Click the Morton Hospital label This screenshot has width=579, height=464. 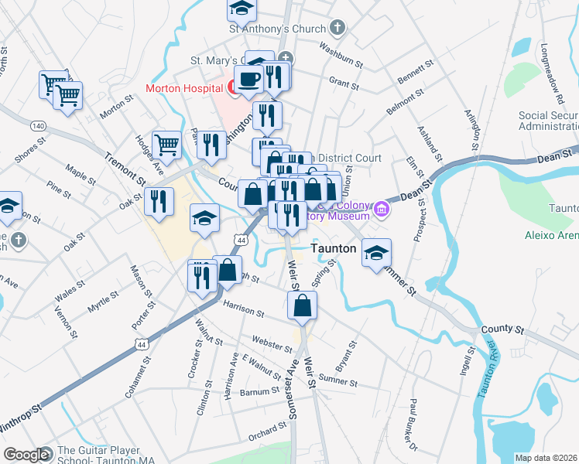click(184, 88)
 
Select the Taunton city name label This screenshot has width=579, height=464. click(333, 249)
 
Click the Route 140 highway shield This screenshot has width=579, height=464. click(37, 125)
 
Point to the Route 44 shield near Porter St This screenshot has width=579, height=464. click(140, 343)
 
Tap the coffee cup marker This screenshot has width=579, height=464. click(249, 80)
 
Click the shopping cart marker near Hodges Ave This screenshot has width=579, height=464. click(168, 145)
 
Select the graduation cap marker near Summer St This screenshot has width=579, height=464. click(376, 254)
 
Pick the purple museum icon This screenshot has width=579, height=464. click(381, 210)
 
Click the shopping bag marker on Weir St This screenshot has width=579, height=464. click(302, 305)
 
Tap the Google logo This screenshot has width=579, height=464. click(26, 455)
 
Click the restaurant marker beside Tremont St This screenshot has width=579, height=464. click(159, 202)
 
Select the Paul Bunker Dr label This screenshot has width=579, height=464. click(414, 425)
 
